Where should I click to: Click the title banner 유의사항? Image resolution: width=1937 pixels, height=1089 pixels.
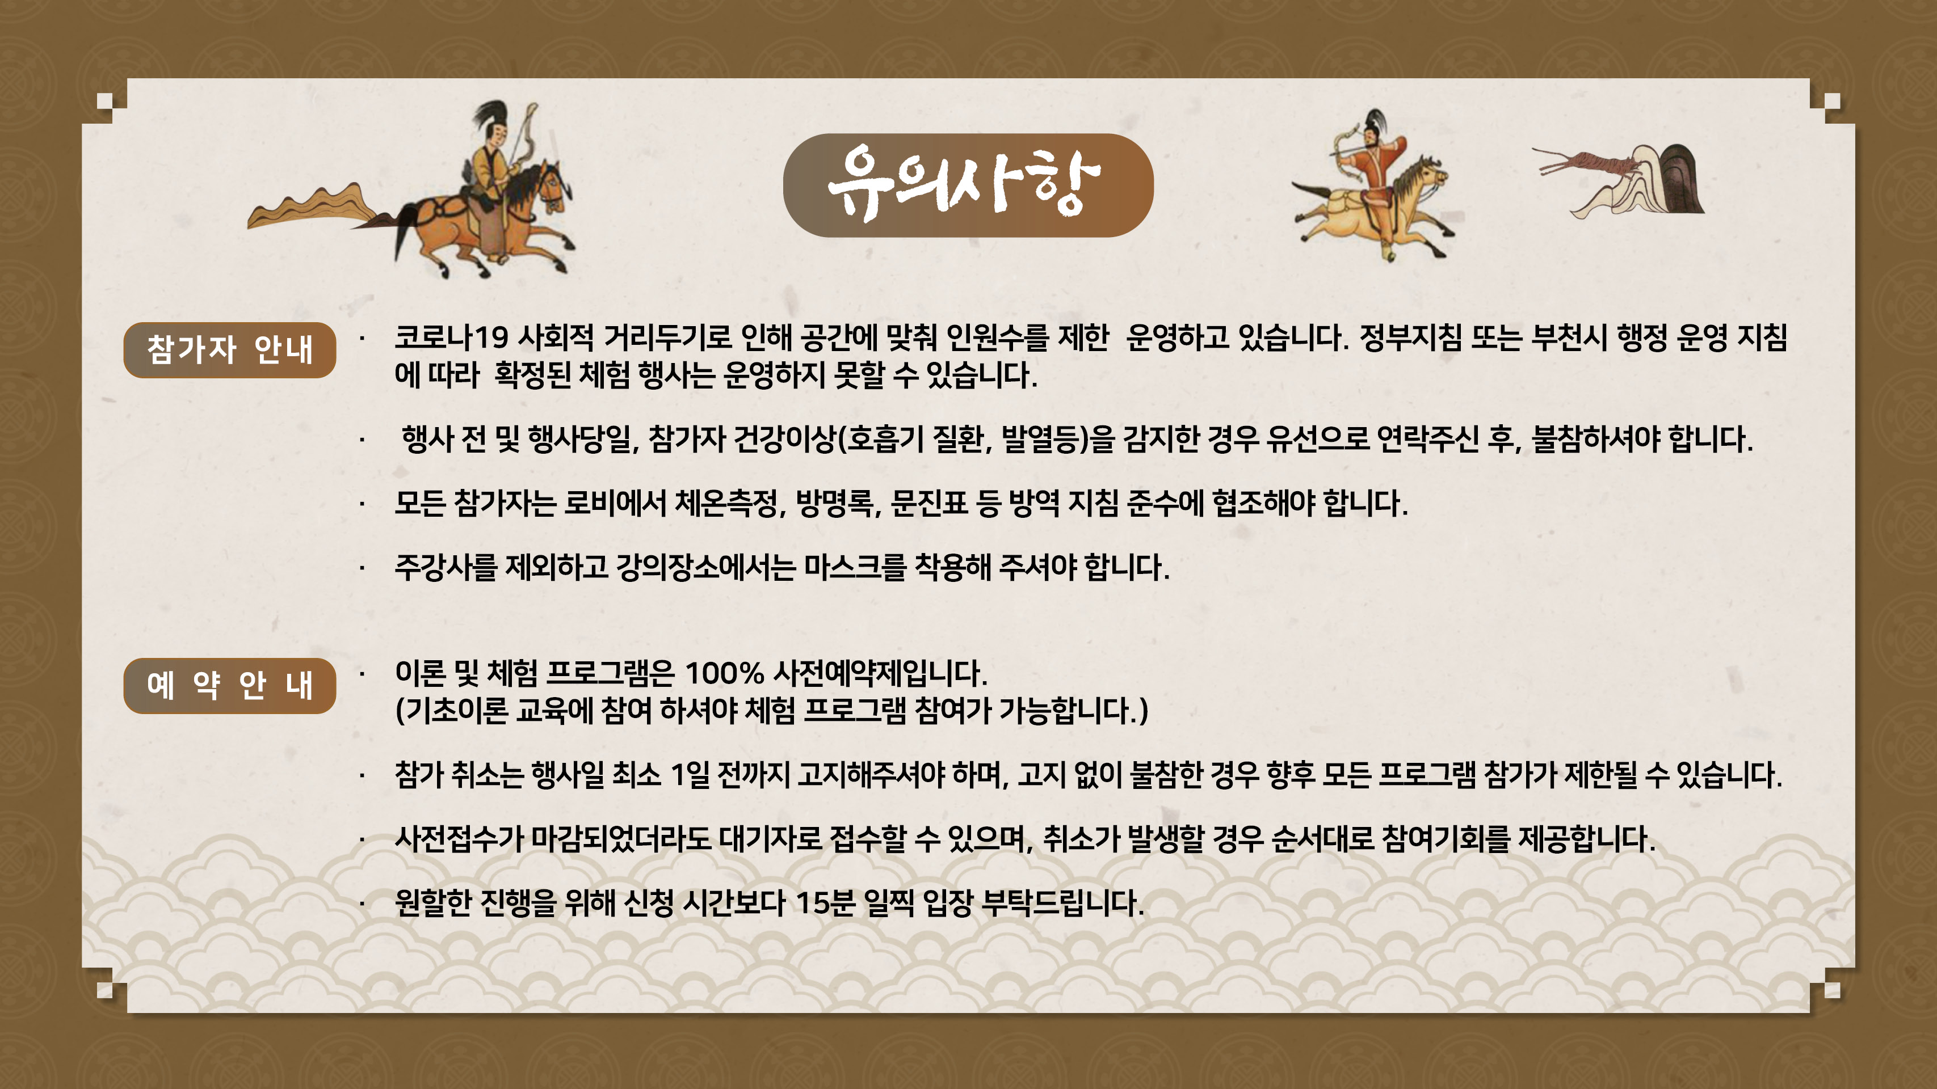pyautogui.click(x=968, y=185)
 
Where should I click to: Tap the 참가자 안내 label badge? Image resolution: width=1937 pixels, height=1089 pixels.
pyautogui.click(x=229, y=350)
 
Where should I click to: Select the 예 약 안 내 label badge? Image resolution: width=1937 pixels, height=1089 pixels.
pyautogui.click(x=229, y=685)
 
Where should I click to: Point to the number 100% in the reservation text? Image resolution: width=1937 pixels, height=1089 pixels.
pyautogui.click(x=724, y=673)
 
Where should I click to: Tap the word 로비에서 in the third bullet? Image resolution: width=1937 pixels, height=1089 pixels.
pyautogui.click(x=614, y=503)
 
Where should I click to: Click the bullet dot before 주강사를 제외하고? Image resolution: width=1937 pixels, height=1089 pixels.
pyautogui.click(x=362, y=569)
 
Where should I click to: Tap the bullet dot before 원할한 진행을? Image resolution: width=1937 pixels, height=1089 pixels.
pyautogui.click(x=362, y=904)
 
